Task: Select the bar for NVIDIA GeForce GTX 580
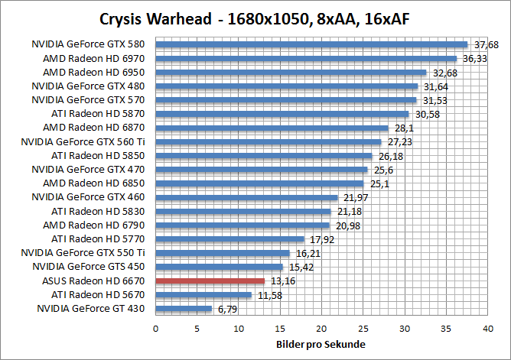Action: [x=311, y=44]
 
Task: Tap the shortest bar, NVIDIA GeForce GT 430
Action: [x=184, y=309]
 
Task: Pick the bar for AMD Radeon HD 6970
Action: [x=306, y=58]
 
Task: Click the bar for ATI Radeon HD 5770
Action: [x=229, y=239]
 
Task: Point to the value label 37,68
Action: [x=484, y=44]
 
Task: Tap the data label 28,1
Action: [x=402, y=128]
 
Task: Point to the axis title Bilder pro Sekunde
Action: [x=321, y=345]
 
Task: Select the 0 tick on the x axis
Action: [x=155, y=328]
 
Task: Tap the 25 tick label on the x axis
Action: [x=363, y=328]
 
